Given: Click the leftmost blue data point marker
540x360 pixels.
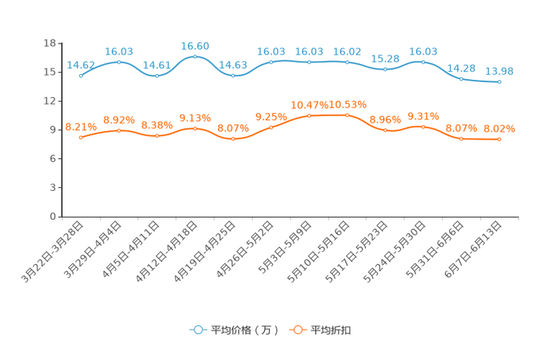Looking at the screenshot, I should coord(81,75).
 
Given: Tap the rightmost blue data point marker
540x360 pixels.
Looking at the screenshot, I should coord(499,81).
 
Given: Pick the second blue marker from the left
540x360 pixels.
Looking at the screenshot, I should coord(119,62).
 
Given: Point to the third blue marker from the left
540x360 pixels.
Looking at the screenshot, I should coord(157,75).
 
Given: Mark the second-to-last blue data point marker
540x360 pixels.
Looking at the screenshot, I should coord(462,78).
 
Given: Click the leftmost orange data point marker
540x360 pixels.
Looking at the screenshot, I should coord(81,136).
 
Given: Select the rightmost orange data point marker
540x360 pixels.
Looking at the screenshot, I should coord(499,139).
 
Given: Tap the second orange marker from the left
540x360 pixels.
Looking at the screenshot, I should coord(119,130).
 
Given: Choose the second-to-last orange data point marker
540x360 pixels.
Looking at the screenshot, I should coord(462,138).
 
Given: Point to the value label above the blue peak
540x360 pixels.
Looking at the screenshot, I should coord(195,46).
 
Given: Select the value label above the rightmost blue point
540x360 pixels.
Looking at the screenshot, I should coord(499,71).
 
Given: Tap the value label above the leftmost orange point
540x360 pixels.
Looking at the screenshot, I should coord(78,127).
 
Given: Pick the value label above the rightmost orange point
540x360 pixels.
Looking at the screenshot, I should coord(499,128).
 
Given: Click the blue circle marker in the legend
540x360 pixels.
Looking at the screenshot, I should coord(198,330).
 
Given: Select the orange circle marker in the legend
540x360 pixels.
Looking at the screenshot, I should coord(298,330).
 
